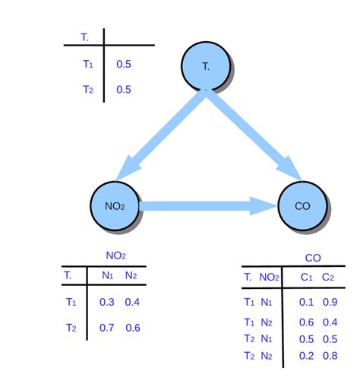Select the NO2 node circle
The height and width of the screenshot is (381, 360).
115,205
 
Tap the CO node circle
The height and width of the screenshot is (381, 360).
302,205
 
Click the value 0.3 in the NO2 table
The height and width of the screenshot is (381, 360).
107,302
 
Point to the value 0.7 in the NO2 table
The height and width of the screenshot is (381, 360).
107,328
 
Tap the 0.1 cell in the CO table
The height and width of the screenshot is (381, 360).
306,302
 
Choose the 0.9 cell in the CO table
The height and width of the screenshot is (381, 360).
328,302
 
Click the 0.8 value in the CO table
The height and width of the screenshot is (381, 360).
328,356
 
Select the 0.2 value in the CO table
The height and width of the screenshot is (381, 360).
306,356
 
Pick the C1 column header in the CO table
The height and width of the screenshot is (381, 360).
306,278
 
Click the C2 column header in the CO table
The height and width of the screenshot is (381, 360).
328,278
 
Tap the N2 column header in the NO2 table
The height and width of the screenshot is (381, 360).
131,275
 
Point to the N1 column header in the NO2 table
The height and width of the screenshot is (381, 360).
108,275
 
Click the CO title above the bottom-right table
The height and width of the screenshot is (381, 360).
312,259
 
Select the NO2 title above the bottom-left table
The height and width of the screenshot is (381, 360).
115,256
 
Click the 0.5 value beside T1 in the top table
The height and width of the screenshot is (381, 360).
124,65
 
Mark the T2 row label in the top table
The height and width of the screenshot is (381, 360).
87,90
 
